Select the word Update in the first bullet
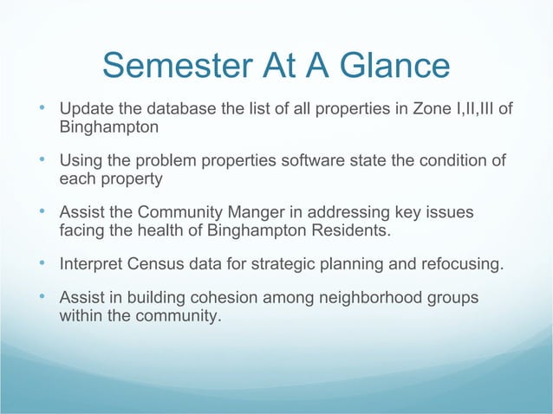(x=83, y=110)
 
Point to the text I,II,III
(x=480, y=110)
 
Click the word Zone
(x=433, y=110)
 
